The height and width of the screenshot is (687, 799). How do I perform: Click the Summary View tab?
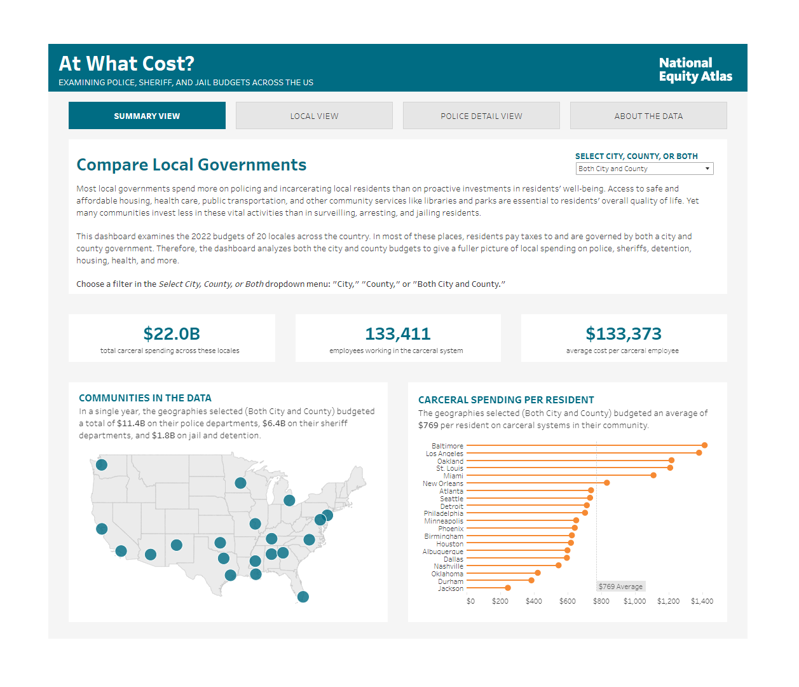147,116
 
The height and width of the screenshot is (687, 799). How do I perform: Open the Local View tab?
314,116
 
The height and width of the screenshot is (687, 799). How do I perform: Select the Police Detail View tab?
481,116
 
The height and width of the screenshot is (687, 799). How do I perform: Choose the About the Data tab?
648,116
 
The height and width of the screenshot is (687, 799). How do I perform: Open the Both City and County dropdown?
644,169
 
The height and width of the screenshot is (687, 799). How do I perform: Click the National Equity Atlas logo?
695,69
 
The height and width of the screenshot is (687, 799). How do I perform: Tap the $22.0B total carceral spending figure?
172,334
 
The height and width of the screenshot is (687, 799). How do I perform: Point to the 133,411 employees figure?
398,334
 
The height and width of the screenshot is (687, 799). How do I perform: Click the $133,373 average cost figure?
624,334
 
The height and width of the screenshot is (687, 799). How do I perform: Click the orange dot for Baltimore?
704,445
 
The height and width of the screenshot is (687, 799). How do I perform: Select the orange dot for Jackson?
507,588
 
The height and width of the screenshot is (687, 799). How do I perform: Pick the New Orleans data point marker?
607,483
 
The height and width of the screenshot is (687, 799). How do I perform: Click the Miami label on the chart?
453,476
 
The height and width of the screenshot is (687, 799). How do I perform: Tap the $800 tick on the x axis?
601,601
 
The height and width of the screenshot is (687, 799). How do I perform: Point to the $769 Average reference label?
620,586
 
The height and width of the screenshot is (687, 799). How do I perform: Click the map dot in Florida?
303,597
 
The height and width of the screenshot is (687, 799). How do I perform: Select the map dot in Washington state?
102,465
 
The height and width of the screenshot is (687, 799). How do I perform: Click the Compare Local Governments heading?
191,165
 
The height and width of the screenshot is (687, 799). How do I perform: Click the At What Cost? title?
126,64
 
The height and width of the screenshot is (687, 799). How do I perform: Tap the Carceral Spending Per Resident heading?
506,400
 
